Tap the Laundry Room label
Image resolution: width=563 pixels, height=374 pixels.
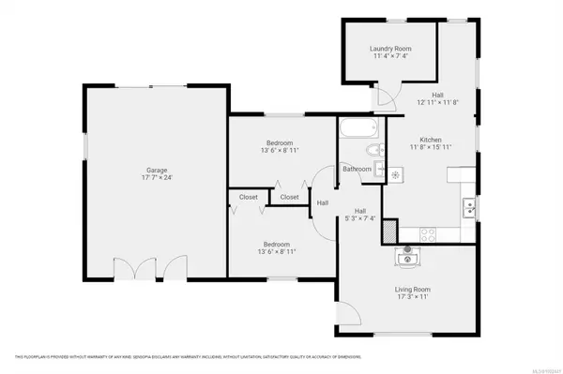390,49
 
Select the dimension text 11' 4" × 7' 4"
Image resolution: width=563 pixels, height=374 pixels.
390,57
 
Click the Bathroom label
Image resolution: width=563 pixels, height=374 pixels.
357,169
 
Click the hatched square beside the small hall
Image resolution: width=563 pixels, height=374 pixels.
389,232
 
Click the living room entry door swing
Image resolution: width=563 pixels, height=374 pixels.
347,319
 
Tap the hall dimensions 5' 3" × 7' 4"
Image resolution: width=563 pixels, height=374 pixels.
360,219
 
